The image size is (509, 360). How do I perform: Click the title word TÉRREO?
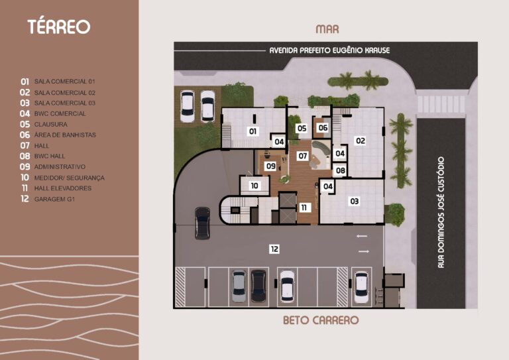coord(58,27)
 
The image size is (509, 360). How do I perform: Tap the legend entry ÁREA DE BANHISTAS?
coord(65,135)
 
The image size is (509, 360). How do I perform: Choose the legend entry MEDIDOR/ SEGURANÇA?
coord(69,178)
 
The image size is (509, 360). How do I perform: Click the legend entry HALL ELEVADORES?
coord(63,188)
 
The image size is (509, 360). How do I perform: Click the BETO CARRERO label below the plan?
coord(320,320)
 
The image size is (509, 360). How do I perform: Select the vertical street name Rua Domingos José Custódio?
coord(441,212)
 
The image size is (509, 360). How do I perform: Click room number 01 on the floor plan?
coord(253,131)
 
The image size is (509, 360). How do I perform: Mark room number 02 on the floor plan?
coord(360,141)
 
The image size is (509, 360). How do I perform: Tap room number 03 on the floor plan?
coord(354,201)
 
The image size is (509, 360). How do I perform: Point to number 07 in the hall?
coord(303,156)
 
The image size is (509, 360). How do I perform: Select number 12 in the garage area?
coord(274,249)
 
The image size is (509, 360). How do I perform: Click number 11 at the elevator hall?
coord(304,208)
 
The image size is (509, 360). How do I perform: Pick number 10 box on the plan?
coord(254,186)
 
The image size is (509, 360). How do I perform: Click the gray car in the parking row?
coord(239,286)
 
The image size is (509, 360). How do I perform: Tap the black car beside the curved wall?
coord(202,223)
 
